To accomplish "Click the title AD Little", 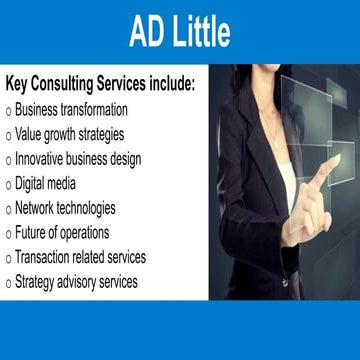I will point(180,32).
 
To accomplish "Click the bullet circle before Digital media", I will point(8,185).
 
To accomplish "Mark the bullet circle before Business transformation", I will point(8,110).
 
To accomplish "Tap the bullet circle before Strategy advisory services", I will point(8,284).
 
